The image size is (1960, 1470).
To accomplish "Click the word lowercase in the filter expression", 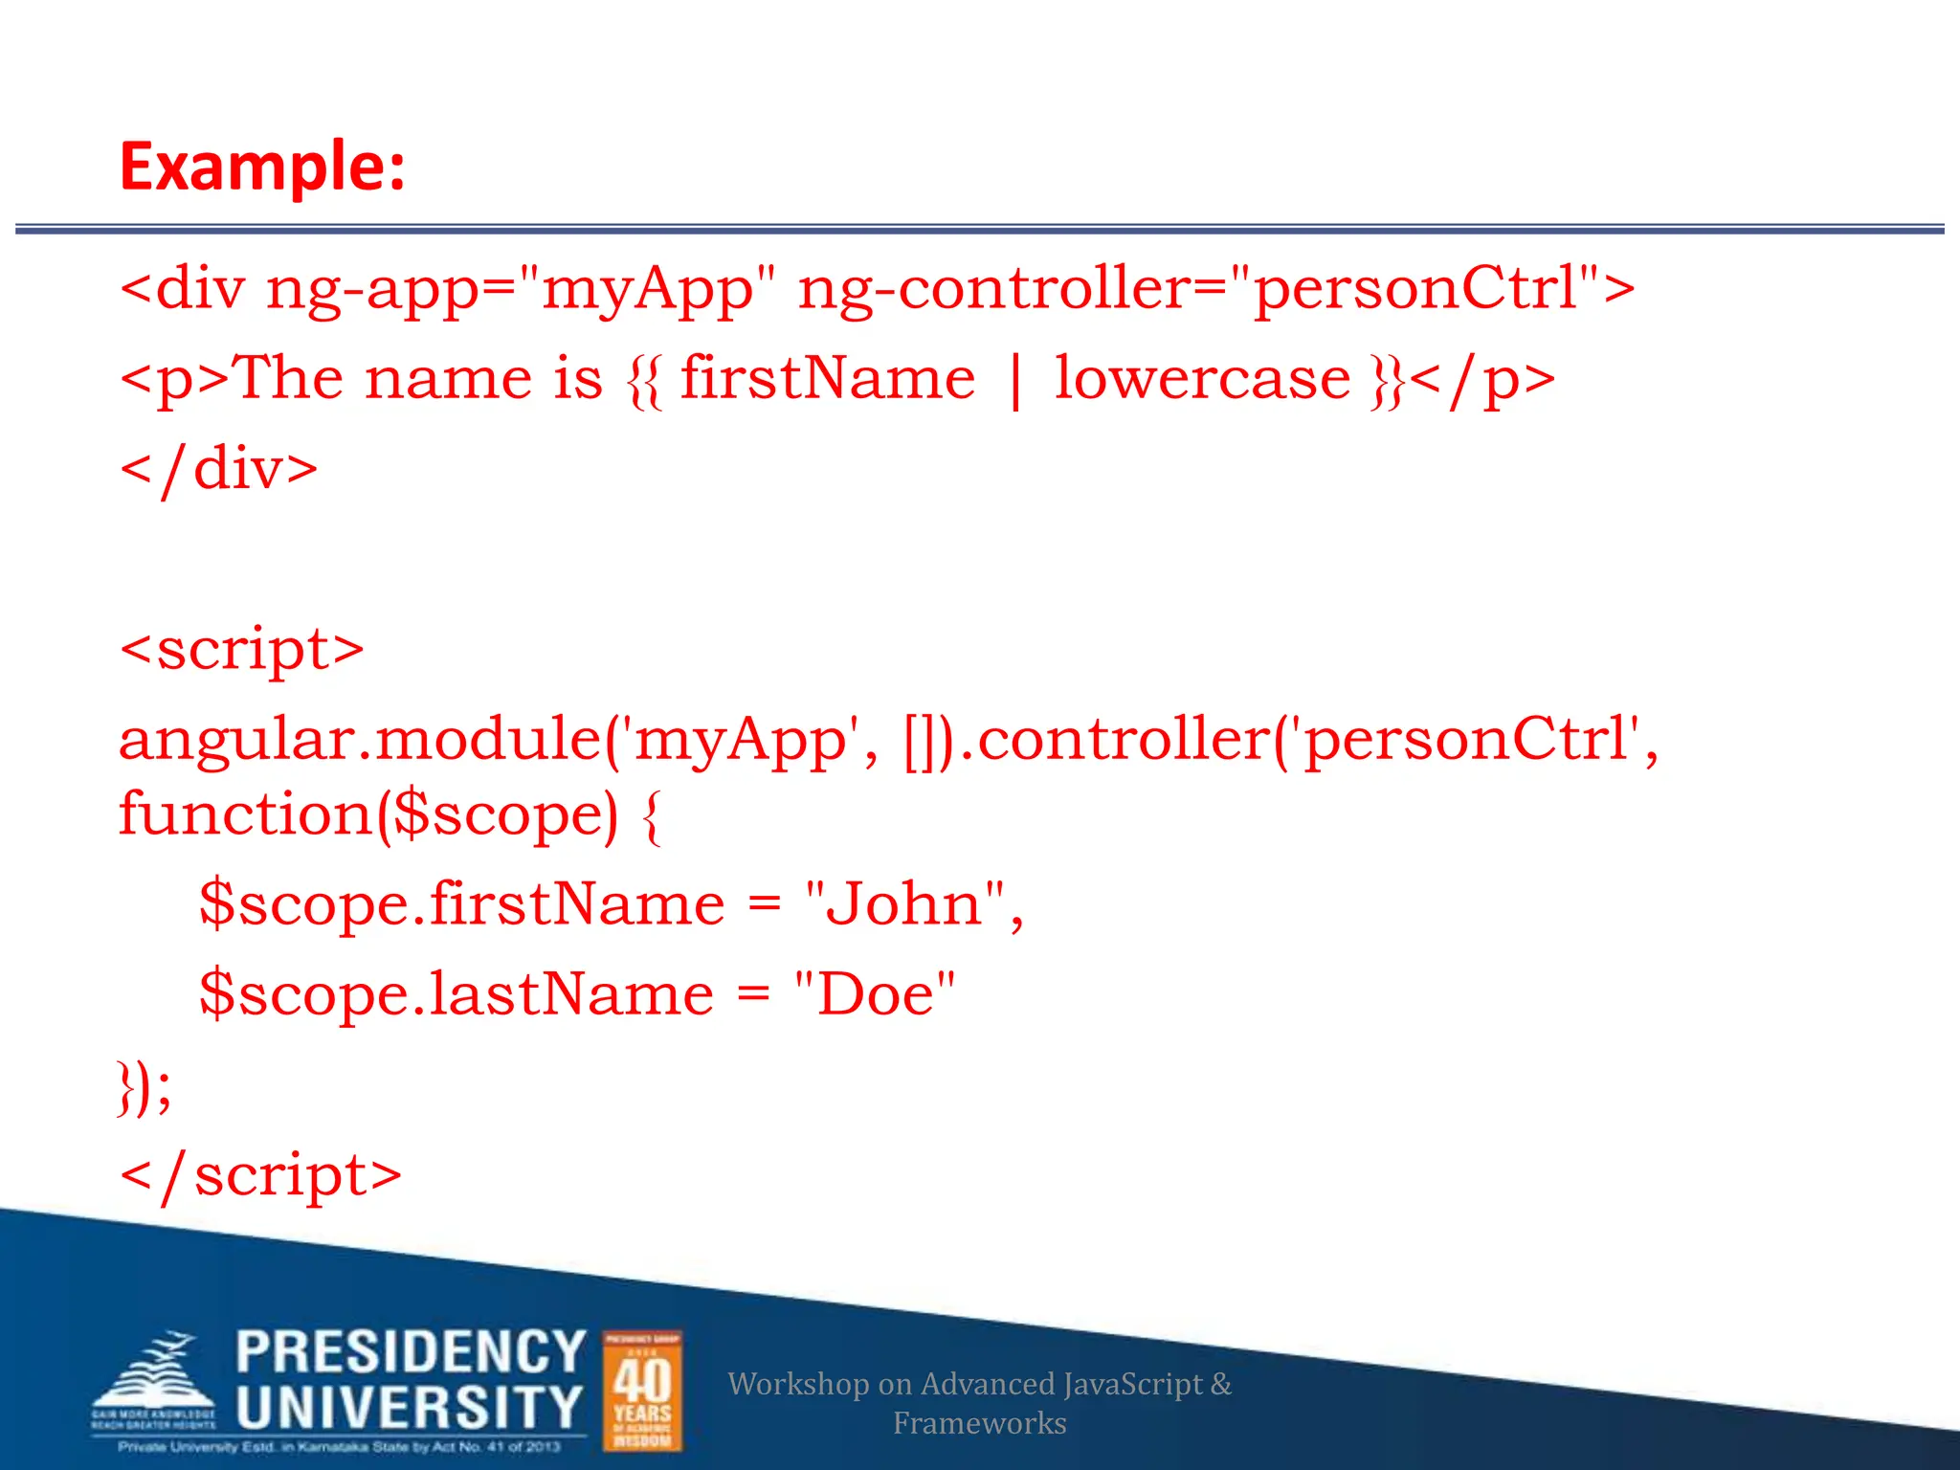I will point(1202,379).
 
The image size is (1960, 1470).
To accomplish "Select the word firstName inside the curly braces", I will point(828,379).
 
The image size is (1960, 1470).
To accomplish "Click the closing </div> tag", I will point(219,470).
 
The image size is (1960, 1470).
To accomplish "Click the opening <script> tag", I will point(241,650).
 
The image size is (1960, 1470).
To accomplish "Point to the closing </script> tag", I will point(260,1175).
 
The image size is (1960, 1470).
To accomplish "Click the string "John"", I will point(905,904).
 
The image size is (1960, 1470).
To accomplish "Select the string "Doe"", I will point(875,994).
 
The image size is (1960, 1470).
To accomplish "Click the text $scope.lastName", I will point(457,994).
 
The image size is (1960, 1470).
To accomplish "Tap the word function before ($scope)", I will point(245,814).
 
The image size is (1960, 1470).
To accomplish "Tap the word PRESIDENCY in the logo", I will point(411,1352).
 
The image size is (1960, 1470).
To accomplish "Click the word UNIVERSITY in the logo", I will point(410,1408).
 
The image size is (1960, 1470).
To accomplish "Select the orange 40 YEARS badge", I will point(642,1391).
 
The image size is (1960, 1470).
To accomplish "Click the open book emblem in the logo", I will point(153,1378).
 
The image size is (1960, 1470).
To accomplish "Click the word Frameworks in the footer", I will point(979,1423).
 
